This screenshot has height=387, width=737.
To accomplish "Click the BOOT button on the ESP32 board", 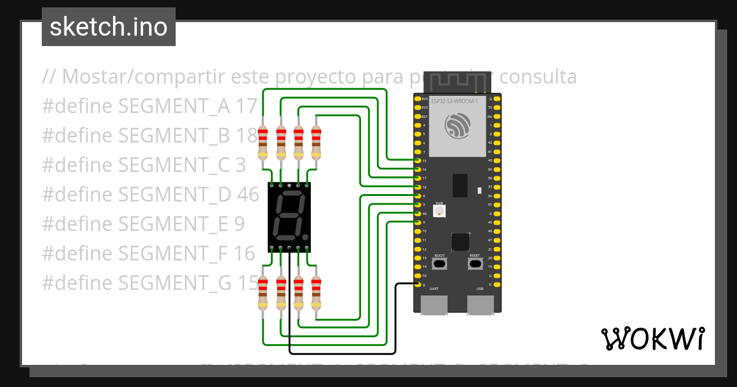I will [x=439, y=264].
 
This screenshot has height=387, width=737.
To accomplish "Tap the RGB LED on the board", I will [x=440, y=211].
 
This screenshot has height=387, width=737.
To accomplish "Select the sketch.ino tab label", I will [x=109, y=27].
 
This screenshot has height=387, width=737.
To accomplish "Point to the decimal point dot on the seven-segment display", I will [x=305, y=237].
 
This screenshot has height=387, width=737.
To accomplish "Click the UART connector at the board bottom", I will [x=434, y=305].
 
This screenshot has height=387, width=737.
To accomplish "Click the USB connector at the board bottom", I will [x=480, y=305].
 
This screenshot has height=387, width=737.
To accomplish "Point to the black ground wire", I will [x=341, y=354].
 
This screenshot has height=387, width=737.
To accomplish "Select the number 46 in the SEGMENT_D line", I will [x=248, y=194].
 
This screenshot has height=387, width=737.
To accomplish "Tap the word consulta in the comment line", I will [x=538, y=77].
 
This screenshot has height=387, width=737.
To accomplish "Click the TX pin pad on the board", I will [x=497, y=107].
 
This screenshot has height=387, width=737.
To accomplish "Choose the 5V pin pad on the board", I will [x=418, y=276].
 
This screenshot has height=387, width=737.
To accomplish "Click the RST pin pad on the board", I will [x=418, y=116].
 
